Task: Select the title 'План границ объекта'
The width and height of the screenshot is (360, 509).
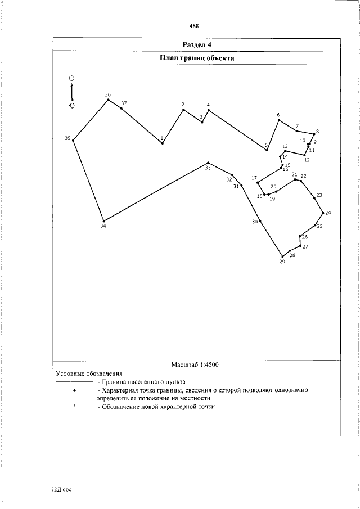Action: tap(197, 57)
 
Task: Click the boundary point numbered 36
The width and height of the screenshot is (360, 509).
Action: tap(108, 100)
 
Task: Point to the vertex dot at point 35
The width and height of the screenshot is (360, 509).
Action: tap(73, 140)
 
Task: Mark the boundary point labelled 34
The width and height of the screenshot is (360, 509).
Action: tap(103, 221)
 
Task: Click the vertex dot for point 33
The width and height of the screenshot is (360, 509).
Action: tap(208, 163)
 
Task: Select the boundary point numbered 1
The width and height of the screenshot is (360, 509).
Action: tap(163, 143)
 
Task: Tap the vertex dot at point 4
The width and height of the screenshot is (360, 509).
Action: tap(208, 110)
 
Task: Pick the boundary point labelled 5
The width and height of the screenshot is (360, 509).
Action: tap(267, 150)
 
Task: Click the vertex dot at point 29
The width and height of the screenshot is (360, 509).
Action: tap(282, 256)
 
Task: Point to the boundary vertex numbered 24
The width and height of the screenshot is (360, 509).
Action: tap(323, 213)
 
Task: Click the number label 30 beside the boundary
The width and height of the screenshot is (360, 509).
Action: tap(254, 222)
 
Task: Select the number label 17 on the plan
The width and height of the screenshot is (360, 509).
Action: tap(254, 178)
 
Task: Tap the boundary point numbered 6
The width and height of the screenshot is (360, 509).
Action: tap(278, 121)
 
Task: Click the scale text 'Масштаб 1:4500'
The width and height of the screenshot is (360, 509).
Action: tap(195, 364)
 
